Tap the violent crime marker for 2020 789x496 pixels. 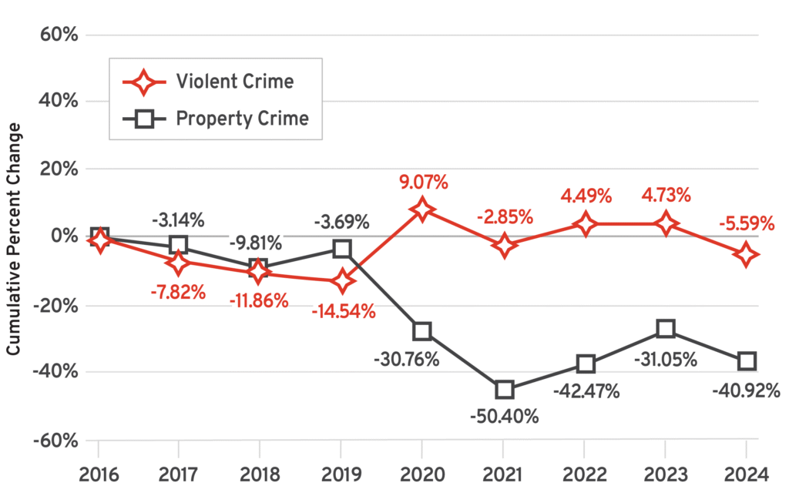point(422,209)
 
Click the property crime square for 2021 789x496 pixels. point(504,390)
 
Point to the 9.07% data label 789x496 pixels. point(422,183)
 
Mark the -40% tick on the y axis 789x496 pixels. point(61,372)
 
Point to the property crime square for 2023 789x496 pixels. point(665,330)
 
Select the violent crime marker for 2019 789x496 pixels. point(341,281)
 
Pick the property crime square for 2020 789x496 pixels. point(422,331)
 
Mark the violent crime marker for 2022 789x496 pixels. point(585,224)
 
